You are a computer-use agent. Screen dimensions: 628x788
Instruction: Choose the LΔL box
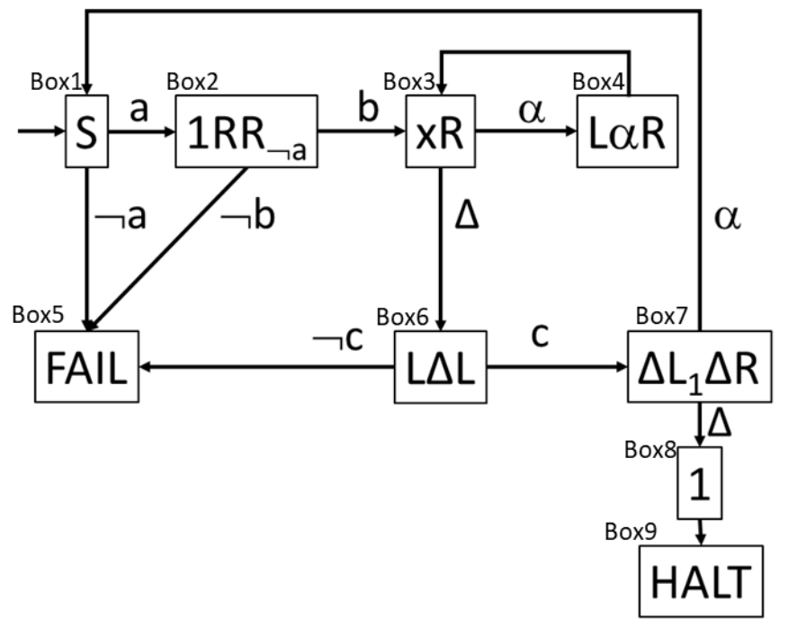tap(439, 367)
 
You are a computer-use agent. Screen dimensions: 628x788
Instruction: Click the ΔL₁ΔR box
tap(700, 367)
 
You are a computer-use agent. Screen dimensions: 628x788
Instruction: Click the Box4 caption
tap(598, 81)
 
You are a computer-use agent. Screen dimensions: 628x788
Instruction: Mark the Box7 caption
tap(659, 316)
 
